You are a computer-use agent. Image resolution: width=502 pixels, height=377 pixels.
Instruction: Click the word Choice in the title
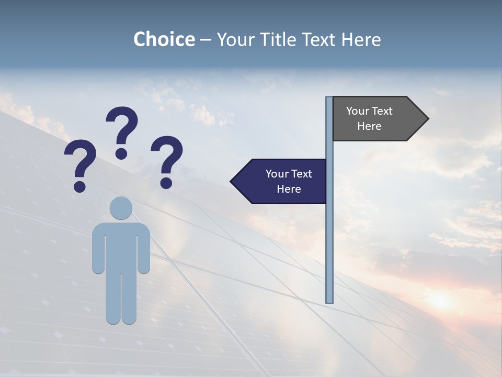tap(164, 40)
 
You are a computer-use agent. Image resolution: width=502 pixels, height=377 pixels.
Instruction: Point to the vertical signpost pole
tap(329, 236)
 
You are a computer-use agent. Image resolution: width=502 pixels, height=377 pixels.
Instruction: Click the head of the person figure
tap(121, 208)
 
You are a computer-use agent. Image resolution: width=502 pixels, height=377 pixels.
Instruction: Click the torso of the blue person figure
tap(121, 246)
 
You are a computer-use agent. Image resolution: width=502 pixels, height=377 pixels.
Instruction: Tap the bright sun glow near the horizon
tap(439, 300)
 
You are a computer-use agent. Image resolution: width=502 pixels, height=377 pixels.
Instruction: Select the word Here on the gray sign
tap(369, 126)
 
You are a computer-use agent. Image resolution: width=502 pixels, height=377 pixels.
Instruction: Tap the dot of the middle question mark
tap(121, 153)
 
